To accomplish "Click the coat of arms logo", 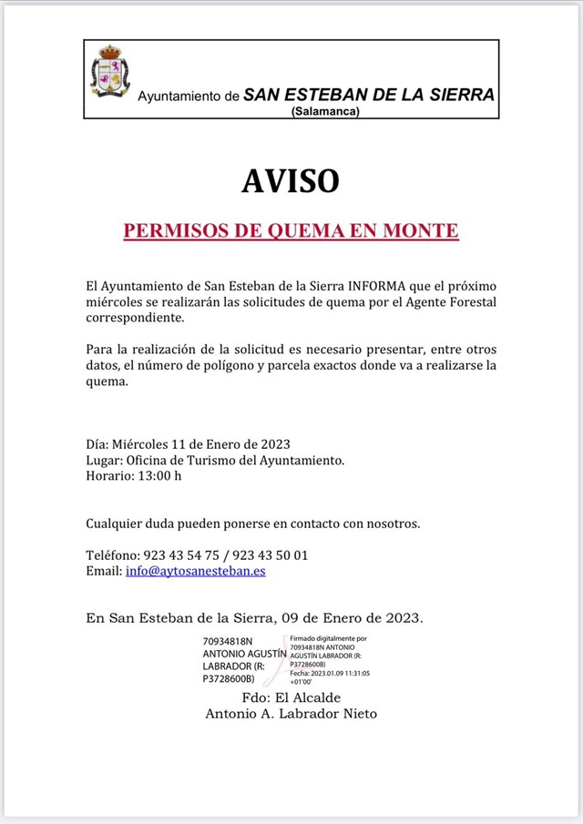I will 109,73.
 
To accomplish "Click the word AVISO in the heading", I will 291,181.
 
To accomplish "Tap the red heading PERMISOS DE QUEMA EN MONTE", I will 291,231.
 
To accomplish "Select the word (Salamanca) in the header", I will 325,111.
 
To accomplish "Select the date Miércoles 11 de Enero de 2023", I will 201,444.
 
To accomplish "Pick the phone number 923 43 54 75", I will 183,555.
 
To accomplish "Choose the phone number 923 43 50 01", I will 271,555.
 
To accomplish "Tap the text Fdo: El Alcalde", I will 291,697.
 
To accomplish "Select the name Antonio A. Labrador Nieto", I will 291,714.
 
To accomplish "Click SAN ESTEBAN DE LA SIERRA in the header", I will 369,95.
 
